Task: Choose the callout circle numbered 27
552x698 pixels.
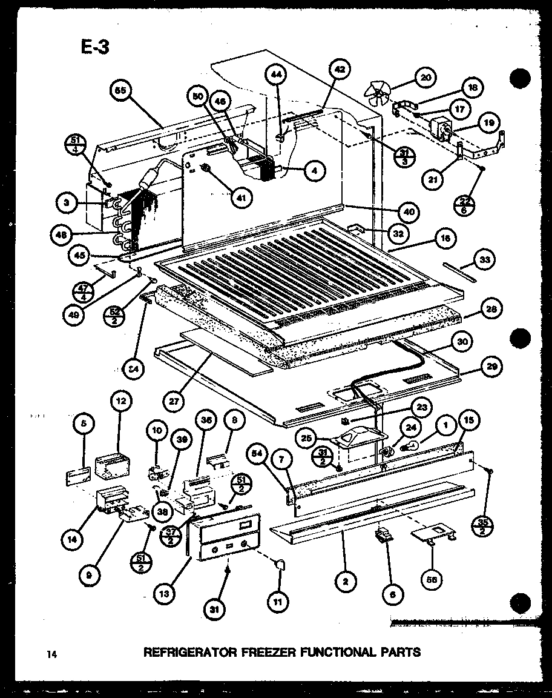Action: coord(174,400)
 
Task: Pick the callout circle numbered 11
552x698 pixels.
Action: coord(261,602)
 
